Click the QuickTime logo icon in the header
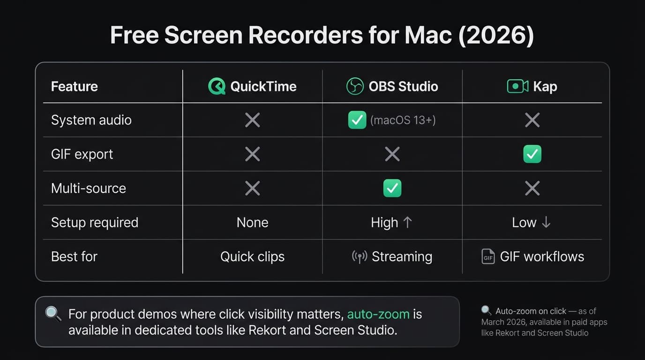[217, 86]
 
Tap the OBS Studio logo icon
[355, 86]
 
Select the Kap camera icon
[517, 86]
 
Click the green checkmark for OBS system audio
[357, 120]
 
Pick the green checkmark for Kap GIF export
[532, 154]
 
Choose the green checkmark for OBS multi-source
[392, 188]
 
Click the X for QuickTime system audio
[252, 120]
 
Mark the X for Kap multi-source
[532, 188]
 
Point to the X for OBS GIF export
[392, 154]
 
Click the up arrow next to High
[407, 222]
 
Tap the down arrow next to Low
[546, 222]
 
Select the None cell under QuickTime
[252, 222]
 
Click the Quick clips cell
[252, 256]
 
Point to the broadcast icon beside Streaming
[359, 256]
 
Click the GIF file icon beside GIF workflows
[488, 256]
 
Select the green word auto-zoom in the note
[378, 314]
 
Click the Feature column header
[75, 86]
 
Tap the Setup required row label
[95, 222]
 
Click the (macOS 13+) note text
[403, 120]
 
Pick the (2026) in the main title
[496, 36]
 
